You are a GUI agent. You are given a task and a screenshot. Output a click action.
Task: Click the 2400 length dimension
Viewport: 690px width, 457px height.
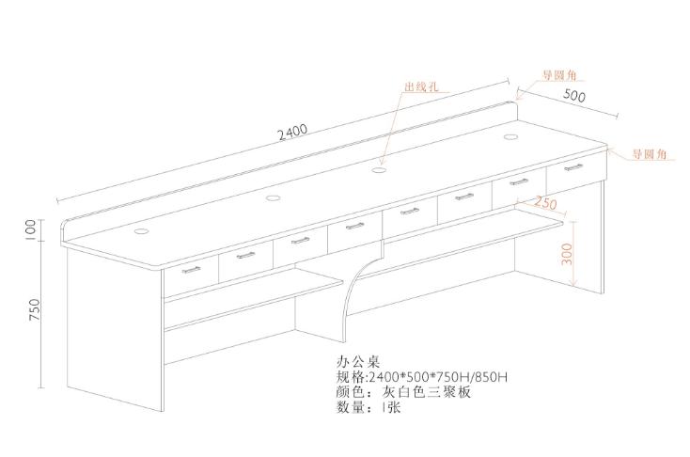(x=292, y=132)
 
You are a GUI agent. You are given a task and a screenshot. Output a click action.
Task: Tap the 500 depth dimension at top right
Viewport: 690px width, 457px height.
(x=574, y=95)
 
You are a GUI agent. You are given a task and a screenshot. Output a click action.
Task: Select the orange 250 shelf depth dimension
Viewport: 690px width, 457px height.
(x=545, y=202)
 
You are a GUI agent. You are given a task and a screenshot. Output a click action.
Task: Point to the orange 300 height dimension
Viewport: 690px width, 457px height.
(x=567, y=254)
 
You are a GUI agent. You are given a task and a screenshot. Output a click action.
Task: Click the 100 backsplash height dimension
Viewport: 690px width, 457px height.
(x=30, y=229)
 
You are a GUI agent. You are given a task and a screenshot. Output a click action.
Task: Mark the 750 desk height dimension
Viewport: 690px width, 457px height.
(x=34, y=310)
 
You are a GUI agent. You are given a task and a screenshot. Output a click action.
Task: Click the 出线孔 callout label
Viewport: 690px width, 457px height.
(x=421, y=87)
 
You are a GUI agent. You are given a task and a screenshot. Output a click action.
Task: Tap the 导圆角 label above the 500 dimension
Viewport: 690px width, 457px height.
(x=559, y=75)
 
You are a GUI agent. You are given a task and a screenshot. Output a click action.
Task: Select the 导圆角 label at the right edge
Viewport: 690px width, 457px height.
(x=650, y=154)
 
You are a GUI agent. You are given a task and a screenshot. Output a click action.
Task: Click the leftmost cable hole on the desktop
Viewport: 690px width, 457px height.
(x=142, y=230)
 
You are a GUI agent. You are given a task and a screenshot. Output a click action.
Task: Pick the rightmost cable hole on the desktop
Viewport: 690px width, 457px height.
(x=510, y=137)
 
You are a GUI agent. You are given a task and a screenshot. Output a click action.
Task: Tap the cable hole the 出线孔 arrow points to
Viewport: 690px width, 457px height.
(x=378, y=170)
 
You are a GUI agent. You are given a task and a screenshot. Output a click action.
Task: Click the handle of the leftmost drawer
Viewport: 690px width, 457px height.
(x=191, y=270)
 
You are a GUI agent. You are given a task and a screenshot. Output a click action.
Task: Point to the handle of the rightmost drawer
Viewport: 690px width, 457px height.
(x=573, y=167)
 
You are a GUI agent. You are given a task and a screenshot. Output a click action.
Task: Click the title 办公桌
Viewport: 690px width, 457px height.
(x=358, y=361)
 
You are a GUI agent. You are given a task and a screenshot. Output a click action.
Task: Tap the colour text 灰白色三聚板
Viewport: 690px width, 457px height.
(x=427, y=391)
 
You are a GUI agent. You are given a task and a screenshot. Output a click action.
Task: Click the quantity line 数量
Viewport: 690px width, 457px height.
(x=369, y=407)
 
